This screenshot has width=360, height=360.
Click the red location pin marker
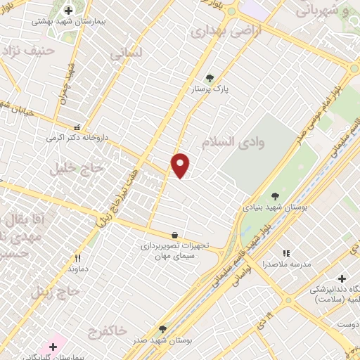coord(181,165)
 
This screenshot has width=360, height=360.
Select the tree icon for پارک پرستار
coord(208,78)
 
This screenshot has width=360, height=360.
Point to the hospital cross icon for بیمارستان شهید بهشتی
coord(68,10)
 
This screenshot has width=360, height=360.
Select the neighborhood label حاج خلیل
coord(77,168)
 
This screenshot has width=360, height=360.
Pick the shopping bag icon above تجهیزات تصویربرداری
coord(174,235)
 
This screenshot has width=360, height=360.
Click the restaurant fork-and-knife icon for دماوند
coord(77,258)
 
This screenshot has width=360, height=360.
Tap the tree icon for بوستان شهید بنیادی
coord(275,197)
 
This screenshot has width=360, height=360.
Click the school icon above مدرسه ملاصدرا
coord(285,253)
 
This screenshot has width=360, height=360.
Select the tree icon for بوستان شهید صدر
coord(162,328)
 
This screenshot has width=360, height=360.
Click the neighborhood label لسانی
coord(127,53)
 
